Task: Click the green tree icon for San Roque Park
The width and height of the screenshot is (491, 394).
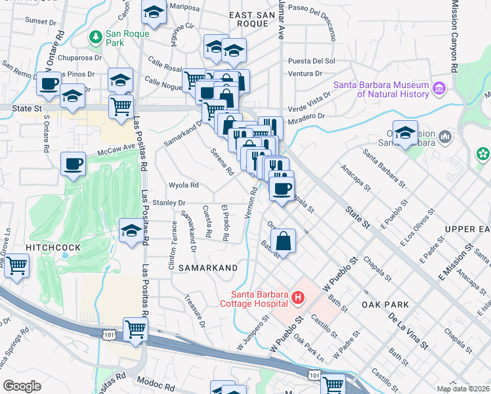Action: [96, 35]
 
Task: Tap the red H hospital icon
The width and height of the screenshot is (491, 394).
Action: [298, 299]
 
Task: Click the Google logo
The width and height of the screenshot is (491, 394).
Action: [22, 386]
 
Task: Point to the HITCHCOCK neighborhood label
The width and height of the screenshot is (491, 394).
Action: [53, 248]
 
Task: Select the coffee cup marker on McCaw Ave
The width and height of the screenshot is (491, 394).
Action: [73, 163]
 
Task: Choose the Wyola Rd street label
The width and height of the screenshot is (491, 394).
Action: [184, 185]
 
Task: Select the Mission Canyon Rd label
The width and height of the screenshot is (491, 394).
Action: [454, 36]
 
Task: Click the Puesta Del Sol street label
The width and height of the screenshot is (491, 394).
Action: [312, 61]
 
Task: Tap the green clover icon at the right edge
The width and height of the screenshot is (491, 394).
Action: [483, 154]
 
